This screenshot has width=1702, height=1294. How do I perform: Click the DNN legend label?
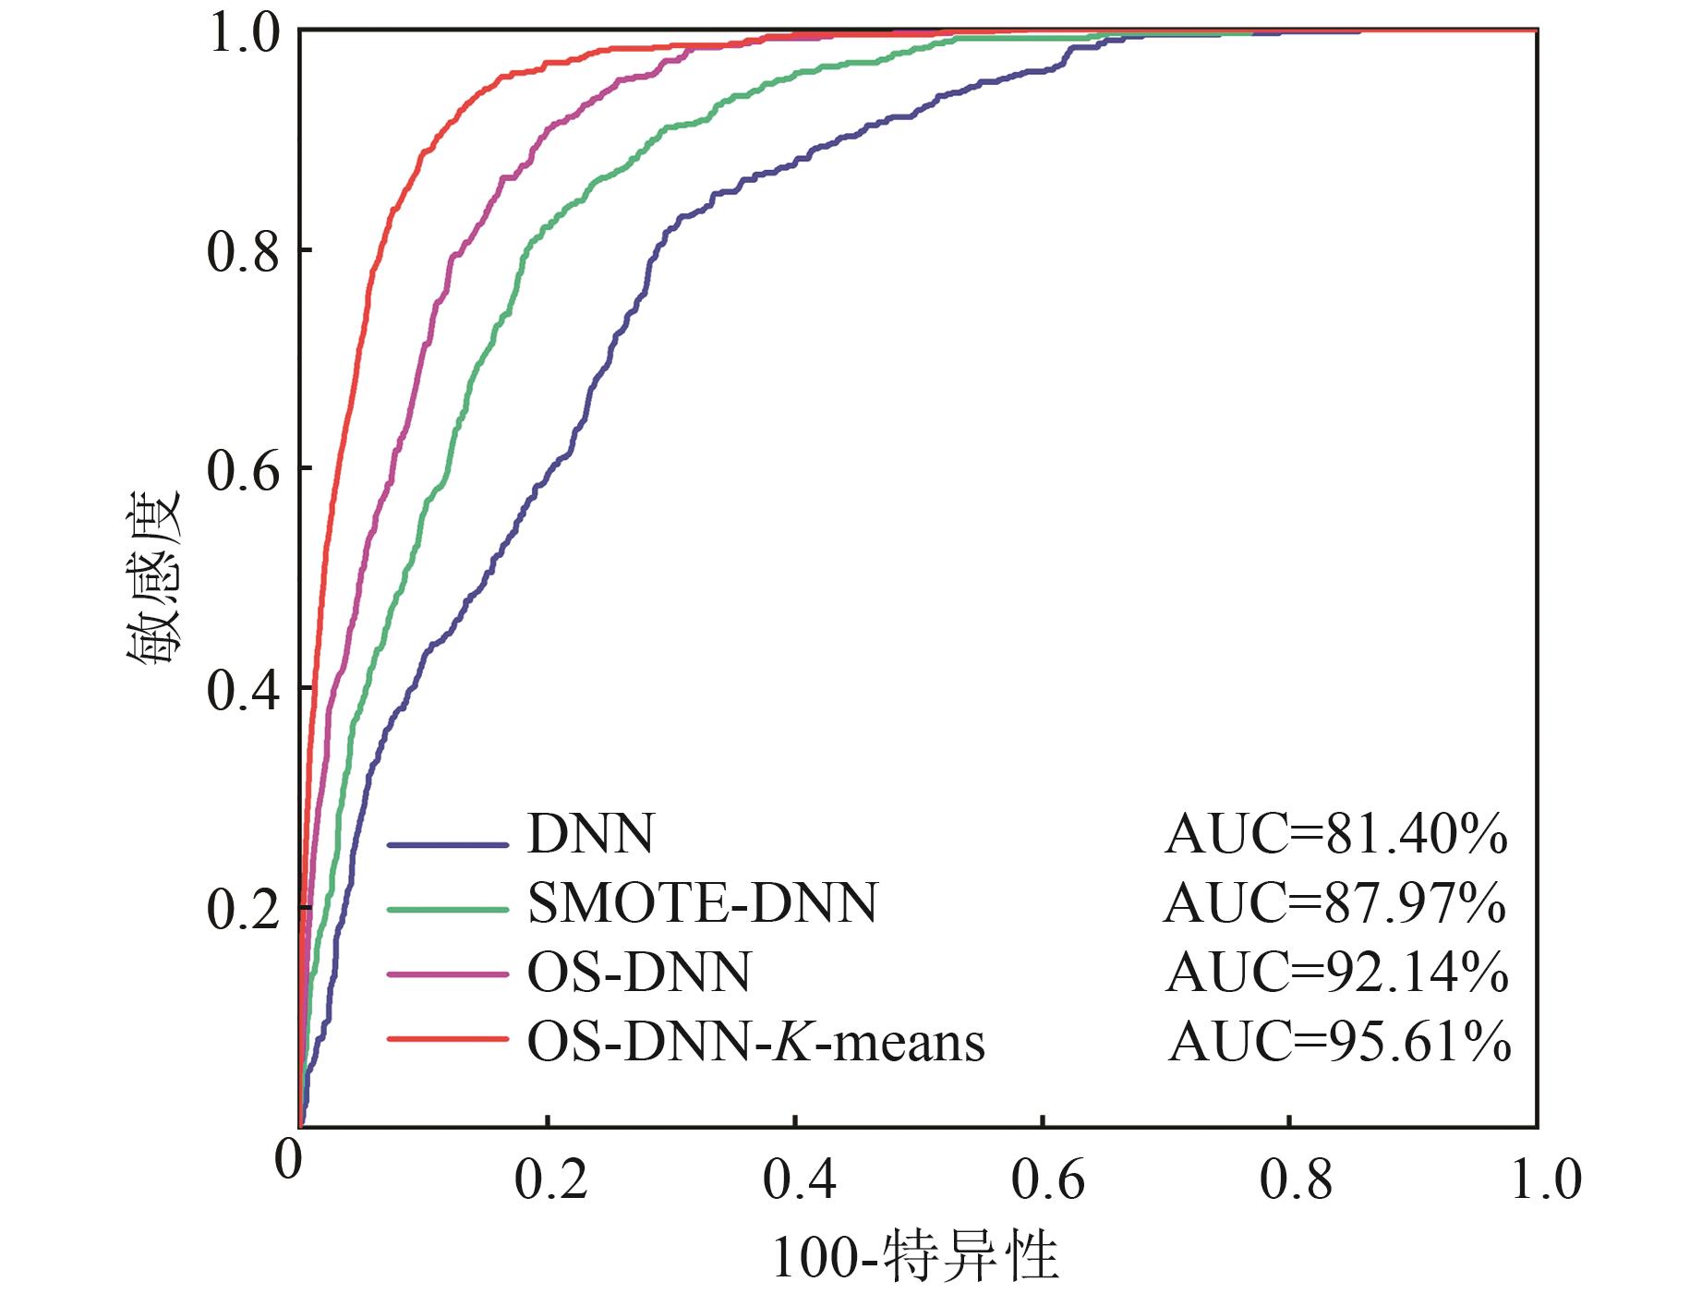[x=590, y=834]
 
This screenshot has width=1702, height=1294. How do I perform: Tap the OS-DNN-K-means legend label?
[x=755, y=1042]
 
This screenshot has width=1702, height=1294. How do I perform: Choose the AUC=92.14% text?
[x=1336, y=973]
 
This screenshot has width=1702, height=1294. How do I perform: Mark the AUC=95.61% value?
[x=1339, y=1042]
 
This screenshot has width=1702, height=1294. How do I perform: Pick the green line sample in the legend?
[x=448, y=909]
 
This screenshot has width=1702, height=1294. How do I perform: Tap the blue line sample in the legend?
[x=448, y=843]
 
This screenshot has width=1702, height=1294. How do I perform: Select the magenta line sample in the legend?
[x=448, y=974]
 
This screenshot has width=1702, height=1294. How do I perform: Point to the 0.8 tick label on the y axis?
[x=243, y=252]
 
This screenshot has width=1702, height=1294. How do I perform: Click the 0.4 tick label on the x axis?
[x=799, y=1179]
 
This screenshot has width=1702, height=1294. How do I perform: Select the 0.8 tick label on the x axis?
[x=1296, y=1179]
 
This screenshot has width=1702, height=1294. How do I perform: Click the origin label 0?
[x=288, y=1160]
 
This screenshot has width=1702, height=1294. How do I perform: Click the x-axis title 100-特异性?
[x=914, y=1257]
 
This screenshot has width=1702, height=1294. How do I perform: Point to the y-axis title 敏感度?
[x=153, y=580]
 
